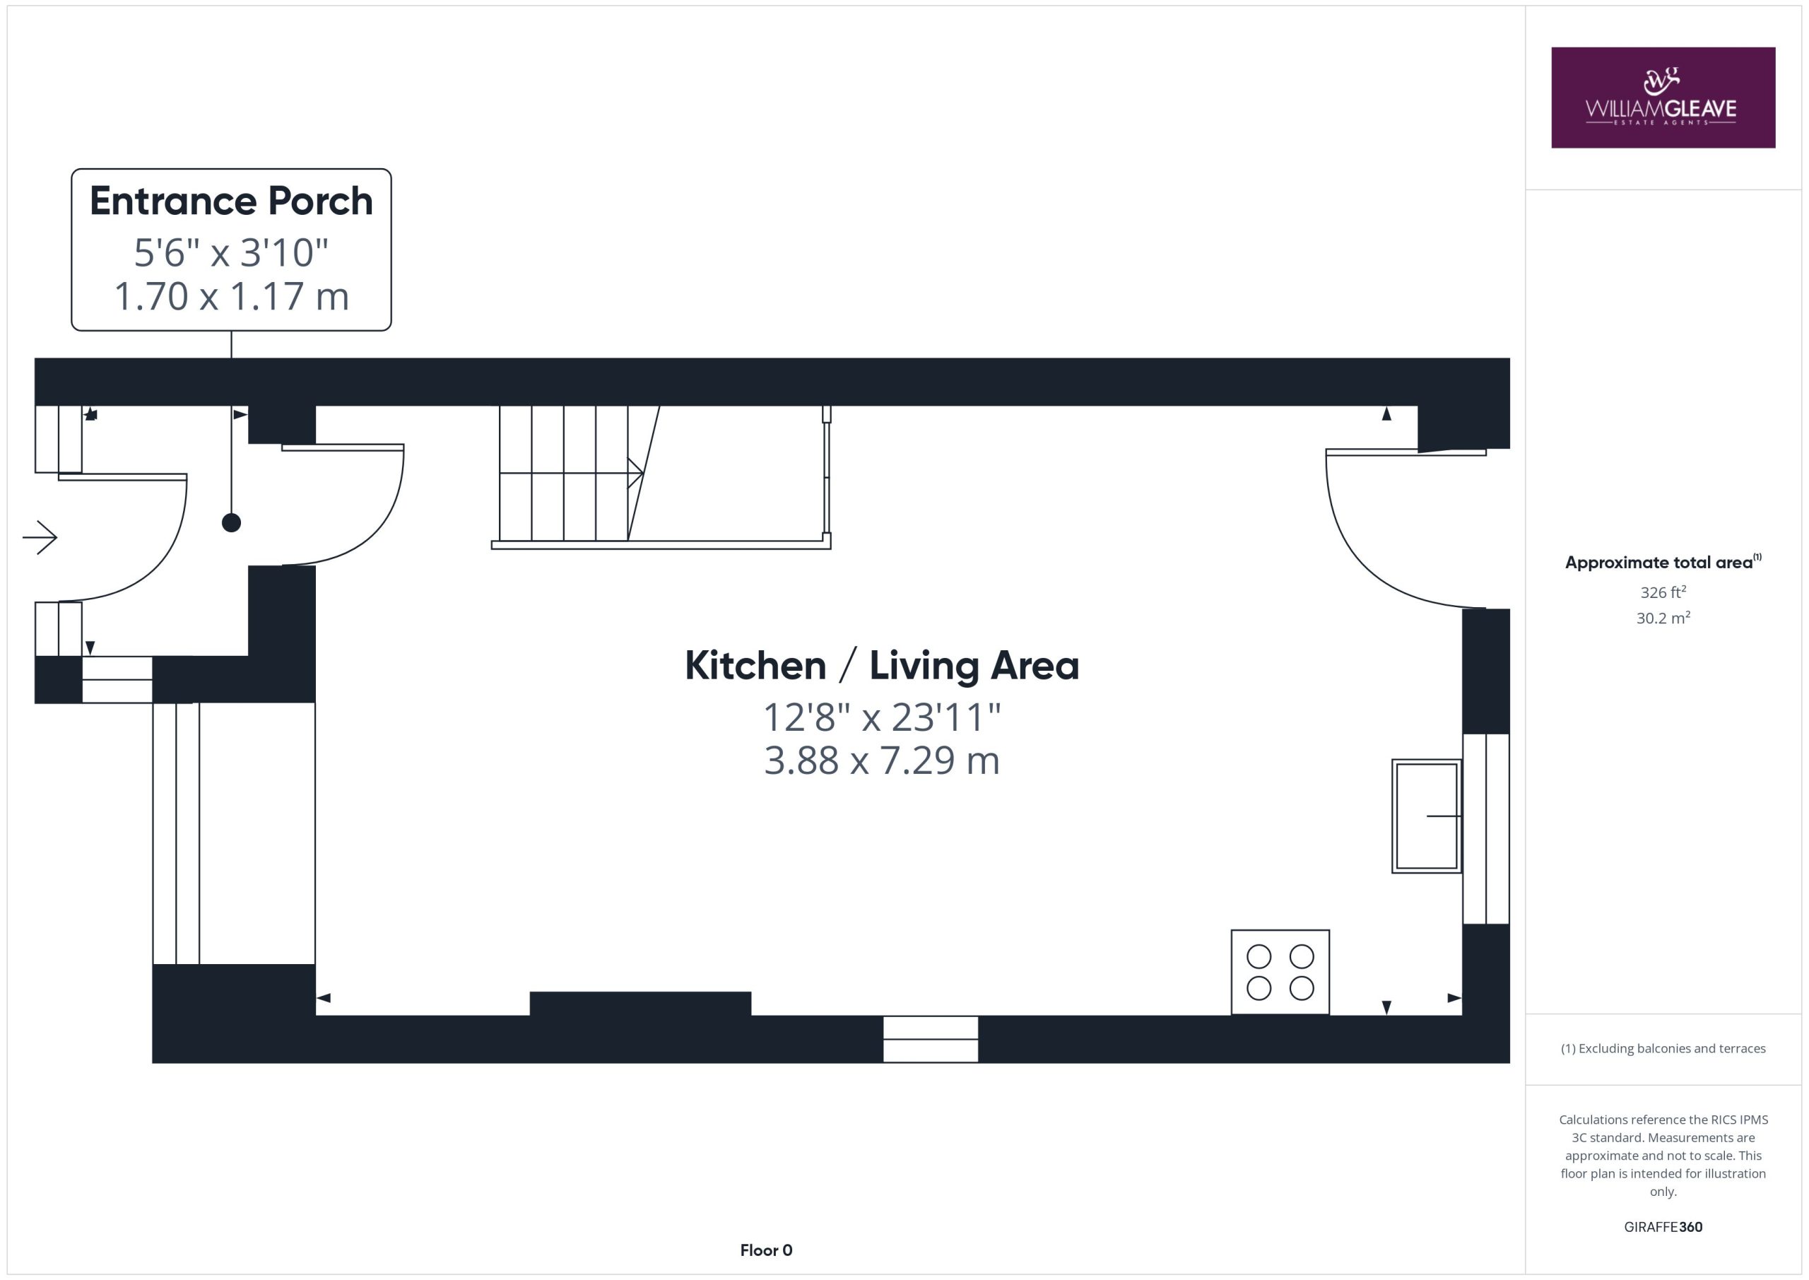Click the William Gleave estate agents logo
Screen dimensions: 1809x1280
pos(1663,97)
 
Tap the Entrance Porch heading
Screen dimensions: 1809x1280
pos(231,201)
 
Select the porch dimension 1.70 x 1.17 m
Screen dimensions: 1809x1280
pos(231,296)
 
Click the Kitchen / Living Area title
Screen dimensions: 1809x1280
pos(882,665)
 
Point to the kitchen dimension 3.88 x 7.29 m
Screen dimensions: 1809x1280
pos(882,761)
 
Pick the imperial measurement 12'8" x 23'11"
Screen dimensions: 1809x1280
pos(882,717)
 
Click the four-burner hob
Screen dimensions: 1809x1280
pos(1280,972)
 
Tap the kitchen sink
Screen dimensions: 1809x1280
pos(1427,816)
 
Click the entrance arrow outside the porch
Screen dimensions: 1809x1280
pos(40,539)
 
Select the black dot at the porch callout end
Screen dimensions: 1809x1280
pos(231,522)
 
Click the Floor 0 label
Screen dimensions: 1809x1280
pos(766,1250)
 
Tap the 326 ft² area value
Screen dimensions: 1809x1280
pos(1663,592)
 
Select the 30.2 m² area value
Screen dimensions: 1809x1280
pos(1663,618)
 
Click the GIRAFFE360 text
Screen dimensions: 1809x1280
pos(1663,1226)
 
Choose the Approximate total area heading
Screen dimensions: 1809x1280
pos(1663,562)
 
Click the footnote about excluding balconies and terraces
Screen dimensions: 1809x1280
pos(1663,1048)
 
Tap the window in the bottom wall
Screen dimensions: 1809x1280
pos(931,1039)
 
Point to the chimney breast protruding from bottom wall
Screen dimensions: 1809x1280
pos(640,1004)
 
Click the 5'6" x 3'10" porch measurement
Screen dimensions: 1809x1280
pos(231,253)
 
